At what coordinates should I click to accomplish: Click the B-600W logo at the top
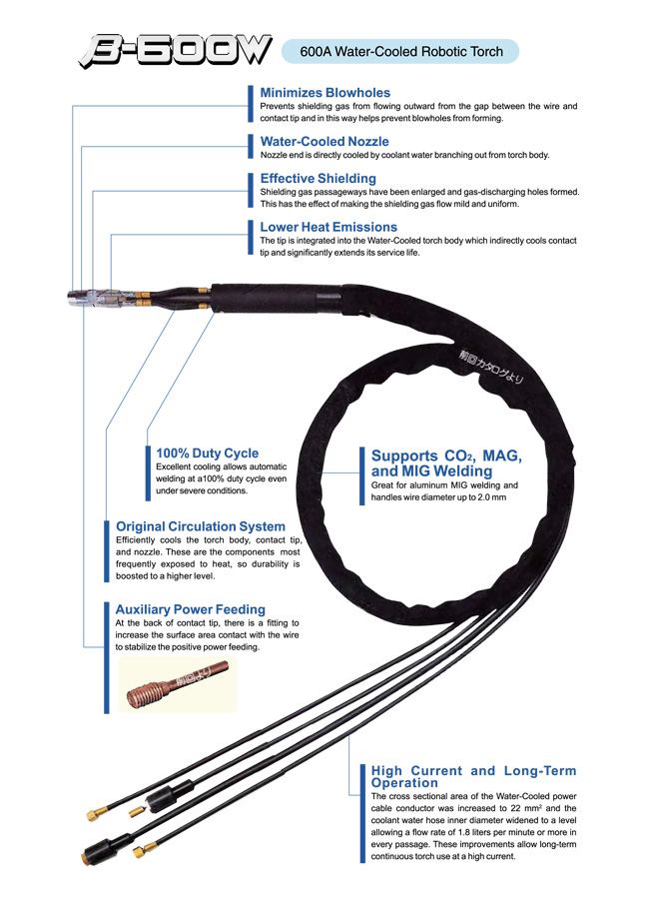tap(175, 50)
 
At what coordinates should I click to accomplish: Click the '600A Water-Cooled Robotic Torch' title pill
tap(400, 51)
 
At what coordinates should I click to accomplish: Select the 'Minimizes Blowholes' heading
tap(324, 93)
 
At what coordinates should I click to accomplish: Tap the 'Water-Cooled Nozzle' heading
tap(324, 142)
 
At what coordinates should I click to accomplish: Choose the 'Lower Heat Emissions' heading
tap(328, 227)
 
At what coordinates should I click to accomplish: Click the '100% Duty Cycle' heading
tap(207, 452)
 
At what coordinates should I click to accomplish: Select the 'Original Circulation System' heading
tap(200, 526)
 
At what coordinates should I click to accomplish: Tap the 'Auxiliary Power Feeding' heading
tap(190, 609)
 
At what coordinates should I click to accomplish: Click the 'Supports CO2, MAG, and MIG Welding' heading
tap(446, 462)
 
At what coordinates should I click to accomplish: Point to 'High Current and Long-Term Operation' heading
tap(473, 776)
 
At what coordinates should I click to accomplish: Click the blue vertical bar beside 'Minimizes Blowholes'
tap(249, 104)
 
